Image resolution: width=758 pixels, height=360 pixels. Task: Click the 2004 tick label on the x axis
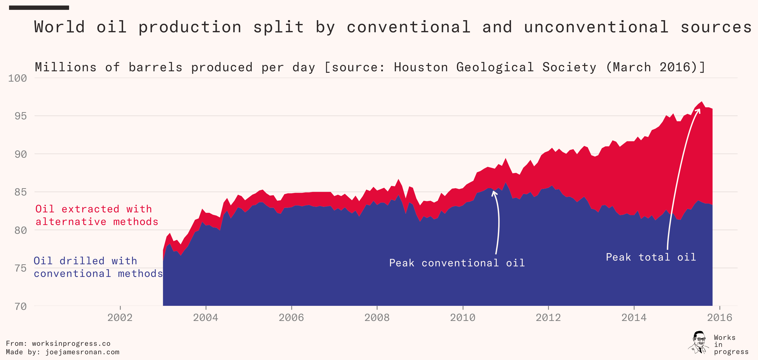click(x=205, y=317)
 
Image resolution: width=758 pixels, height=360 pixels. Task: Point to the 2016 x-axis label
click(x=719, y=317)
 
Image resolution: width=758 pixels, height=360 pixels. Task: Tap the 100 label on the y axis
click(x=18, y=78)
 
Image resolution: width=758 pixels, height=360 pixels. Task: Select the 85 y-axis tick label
click(x=21, y=192)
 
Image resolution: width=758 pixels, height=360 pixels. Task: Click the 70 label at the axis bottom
click(x=21, y=307)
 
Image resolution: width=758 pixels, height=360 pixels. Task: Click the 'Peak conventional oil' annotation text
click(x=457, y=263)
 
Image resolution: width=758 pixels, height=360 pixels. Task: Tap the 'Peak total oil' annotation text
click(x=651, y=257)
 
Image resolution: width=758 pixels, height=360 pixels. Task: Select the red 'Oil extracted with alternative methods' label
click(x=97, y=215)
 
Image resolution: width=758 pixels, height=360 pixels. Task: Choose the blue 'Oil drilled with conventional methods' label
click(x=98, y=267)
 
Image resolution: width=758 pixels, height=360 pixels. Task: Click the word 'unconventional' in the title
click(x=596, y=27)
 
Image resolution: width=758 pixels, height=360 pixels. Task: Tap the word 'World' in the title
click(x=59, y=27)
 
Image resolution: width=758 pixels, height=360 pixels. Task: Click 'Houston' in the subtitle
click(x=421, y=67)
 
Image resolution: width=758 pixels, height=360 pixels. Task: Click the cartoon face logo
click(x=699, y=343)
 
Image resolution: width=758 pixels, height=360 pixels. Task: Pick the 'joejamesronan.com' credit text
click(x=82, y=352)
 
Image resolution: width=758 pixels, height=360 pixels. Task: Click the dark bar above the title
click(x=39, y=8)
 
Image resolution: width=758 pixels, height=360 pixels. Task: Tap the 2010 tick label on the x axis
click(x=463, y=317)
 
